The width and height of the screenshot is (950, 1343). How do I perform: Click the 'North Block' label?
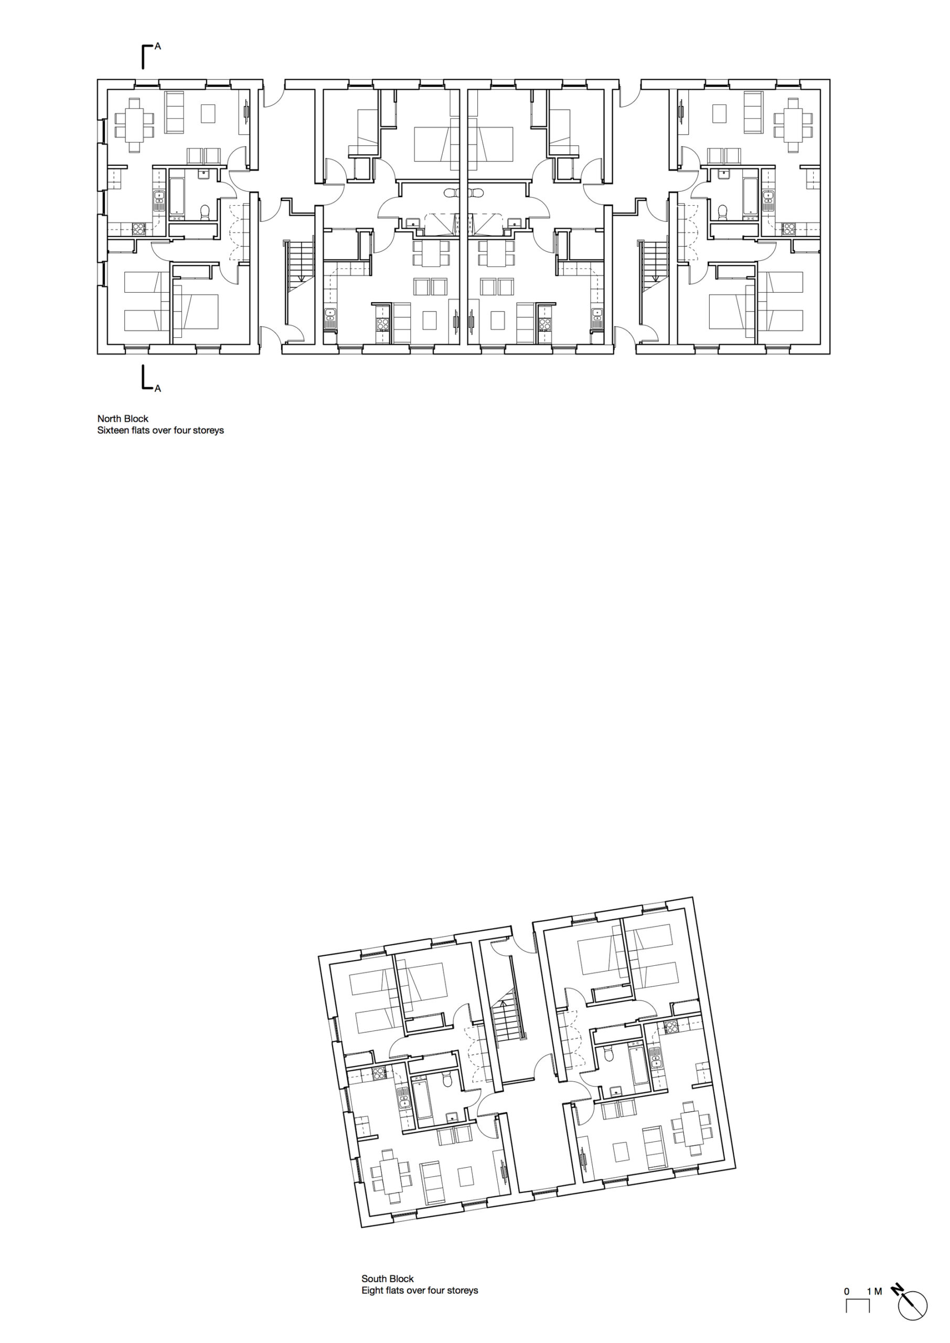pyautogui.click(x=123, y=419)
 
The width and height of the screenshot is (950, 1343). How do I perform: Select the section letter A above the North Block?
pyautogui.click(x=158, y=46)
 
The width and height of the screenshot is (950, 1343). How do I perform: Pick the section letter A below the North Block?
pyautogui.click(x=158, y=388)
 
